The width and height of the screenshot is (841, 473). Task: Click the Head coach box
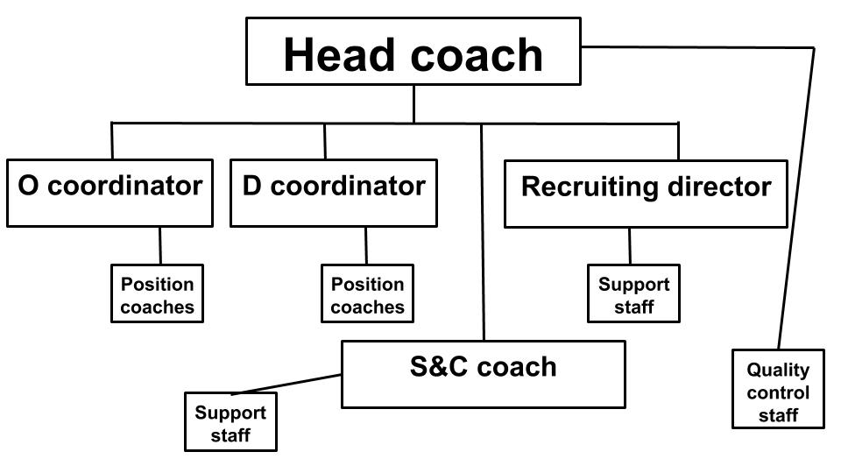point(413,52)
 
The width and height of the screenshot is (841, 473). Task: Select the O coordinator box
point(110,193)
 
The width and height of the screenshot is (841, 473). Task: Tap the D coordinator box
point(334,193)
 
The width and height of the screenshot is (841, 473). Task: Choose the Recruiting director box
point(646,194)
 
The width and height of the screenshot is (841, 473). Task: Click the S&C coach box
point(484,374)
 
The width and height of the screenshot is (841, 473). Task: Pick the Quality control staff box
point(778,389)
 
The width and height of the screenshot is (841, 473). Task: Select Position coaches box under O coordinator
point(157,293)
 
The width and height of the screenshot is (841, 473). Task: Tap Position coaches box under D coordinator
point(367,293)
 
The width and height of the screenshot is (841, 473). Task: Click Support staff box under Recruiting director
point(633,293)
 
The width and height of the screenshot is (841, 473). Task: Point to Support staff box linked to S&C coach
point(230,421)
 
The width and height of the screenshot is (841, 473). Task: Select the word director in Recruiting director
point(719,187)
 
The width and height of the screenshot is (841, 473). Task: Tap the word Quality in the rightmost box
point(778,370)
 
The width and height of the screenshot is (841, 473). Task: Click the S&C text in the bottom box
point(439,367)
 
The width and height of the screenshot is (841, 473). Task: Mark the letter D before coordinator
point(252,186)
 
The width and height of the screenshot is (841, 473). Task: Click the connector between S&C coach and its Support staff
point(287,384)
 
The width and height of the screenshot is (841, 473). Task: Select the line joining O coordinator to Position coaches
point(159,245)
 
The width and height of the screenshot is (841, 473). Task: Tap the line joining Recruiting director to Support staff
point(630,246)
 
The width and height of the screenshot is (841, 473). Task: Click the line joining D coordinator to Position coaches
point(366,245)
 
